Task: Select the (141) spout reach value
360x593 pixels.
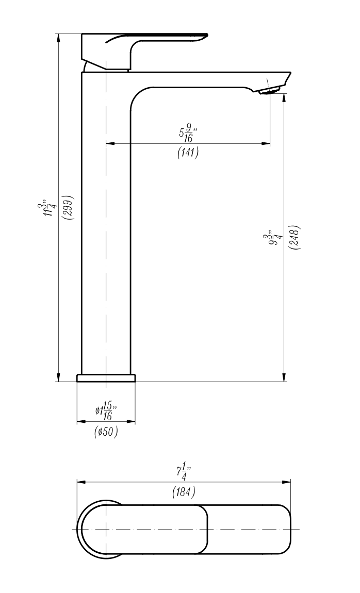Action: [188, 153]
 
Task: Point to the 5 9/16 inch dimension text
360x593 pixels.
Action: [188, 134]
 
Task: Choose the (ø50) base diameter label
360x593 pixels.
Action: [106, 432]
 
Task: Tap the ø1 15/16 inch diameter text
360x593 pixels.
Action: [106, 411]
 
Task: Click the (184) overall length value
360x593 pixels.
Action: [184, 492]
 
